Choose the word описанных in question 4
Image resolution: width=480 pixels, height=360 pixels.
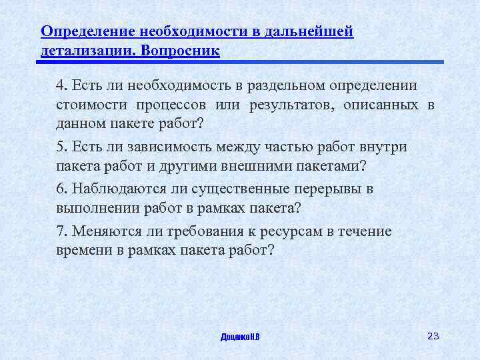click(387, 106)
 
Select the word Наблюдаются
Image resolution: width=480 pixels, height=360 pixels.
click(117, 189)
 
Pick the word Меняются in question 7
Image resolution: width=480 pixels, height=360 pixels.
click(105, 231)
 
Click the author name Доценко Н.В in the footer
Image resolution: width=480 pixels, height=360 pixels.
click(240, 337)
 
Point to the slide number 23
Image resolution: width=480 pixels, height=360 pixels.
click(433, 335)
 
